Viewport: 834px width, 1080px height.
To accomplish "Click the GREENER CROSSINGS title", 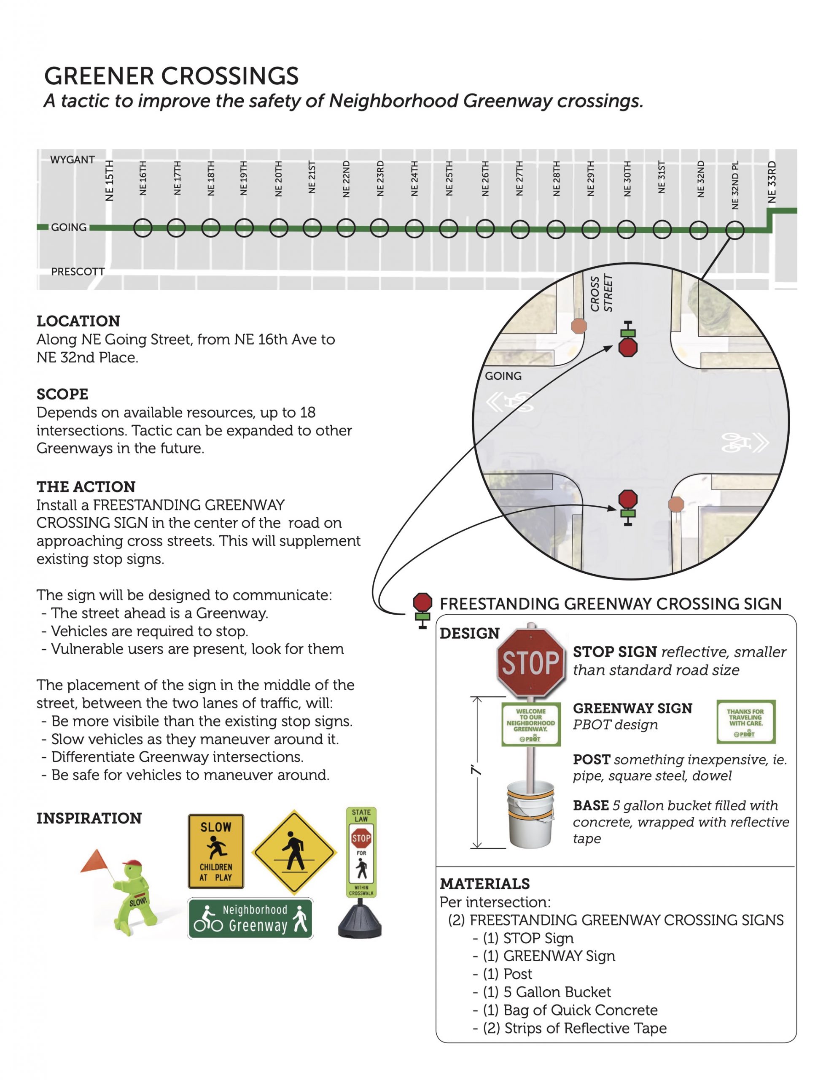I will coord(171,76).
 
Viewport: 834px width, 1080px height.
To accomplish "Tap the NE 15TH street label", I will coord(109,181).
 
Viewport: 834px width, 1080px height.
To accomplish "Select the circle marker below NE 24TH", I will coord(414,229).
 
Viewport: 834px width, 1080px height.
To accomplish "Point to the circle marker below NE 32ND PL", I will coord(734,230).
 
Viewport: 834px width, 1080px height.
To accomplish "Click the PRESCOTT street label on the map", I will coord(78,272).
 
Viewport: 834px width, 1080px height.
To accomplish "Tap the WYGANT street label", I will coord(72,160).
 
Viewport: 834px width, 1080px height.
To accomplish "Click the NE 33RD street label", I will coord(772,182).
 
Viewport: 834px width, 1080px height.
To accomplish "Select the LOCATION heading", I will coord(78,321).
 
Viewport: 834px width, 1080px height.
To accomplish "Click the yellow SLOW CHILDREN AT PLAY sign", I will coord(216,851).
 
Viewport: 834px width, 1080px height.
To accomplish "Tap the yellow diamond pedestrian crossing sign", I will coord(294,851).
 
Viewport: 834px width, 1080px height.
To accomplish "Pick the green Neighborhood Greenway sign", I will coord(250,918).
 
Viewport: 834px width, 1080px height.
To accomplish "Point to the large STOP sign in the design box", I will coord(530,663).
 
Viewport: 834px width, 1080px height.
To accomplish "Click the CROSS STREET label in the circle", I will coord(601,294).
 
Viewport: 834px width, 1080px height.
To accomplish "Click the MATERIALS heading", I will coord(484,884).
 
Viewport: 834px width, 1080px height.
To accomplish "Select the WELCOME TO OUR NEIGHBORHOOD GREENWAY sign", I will coord(530,724).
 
